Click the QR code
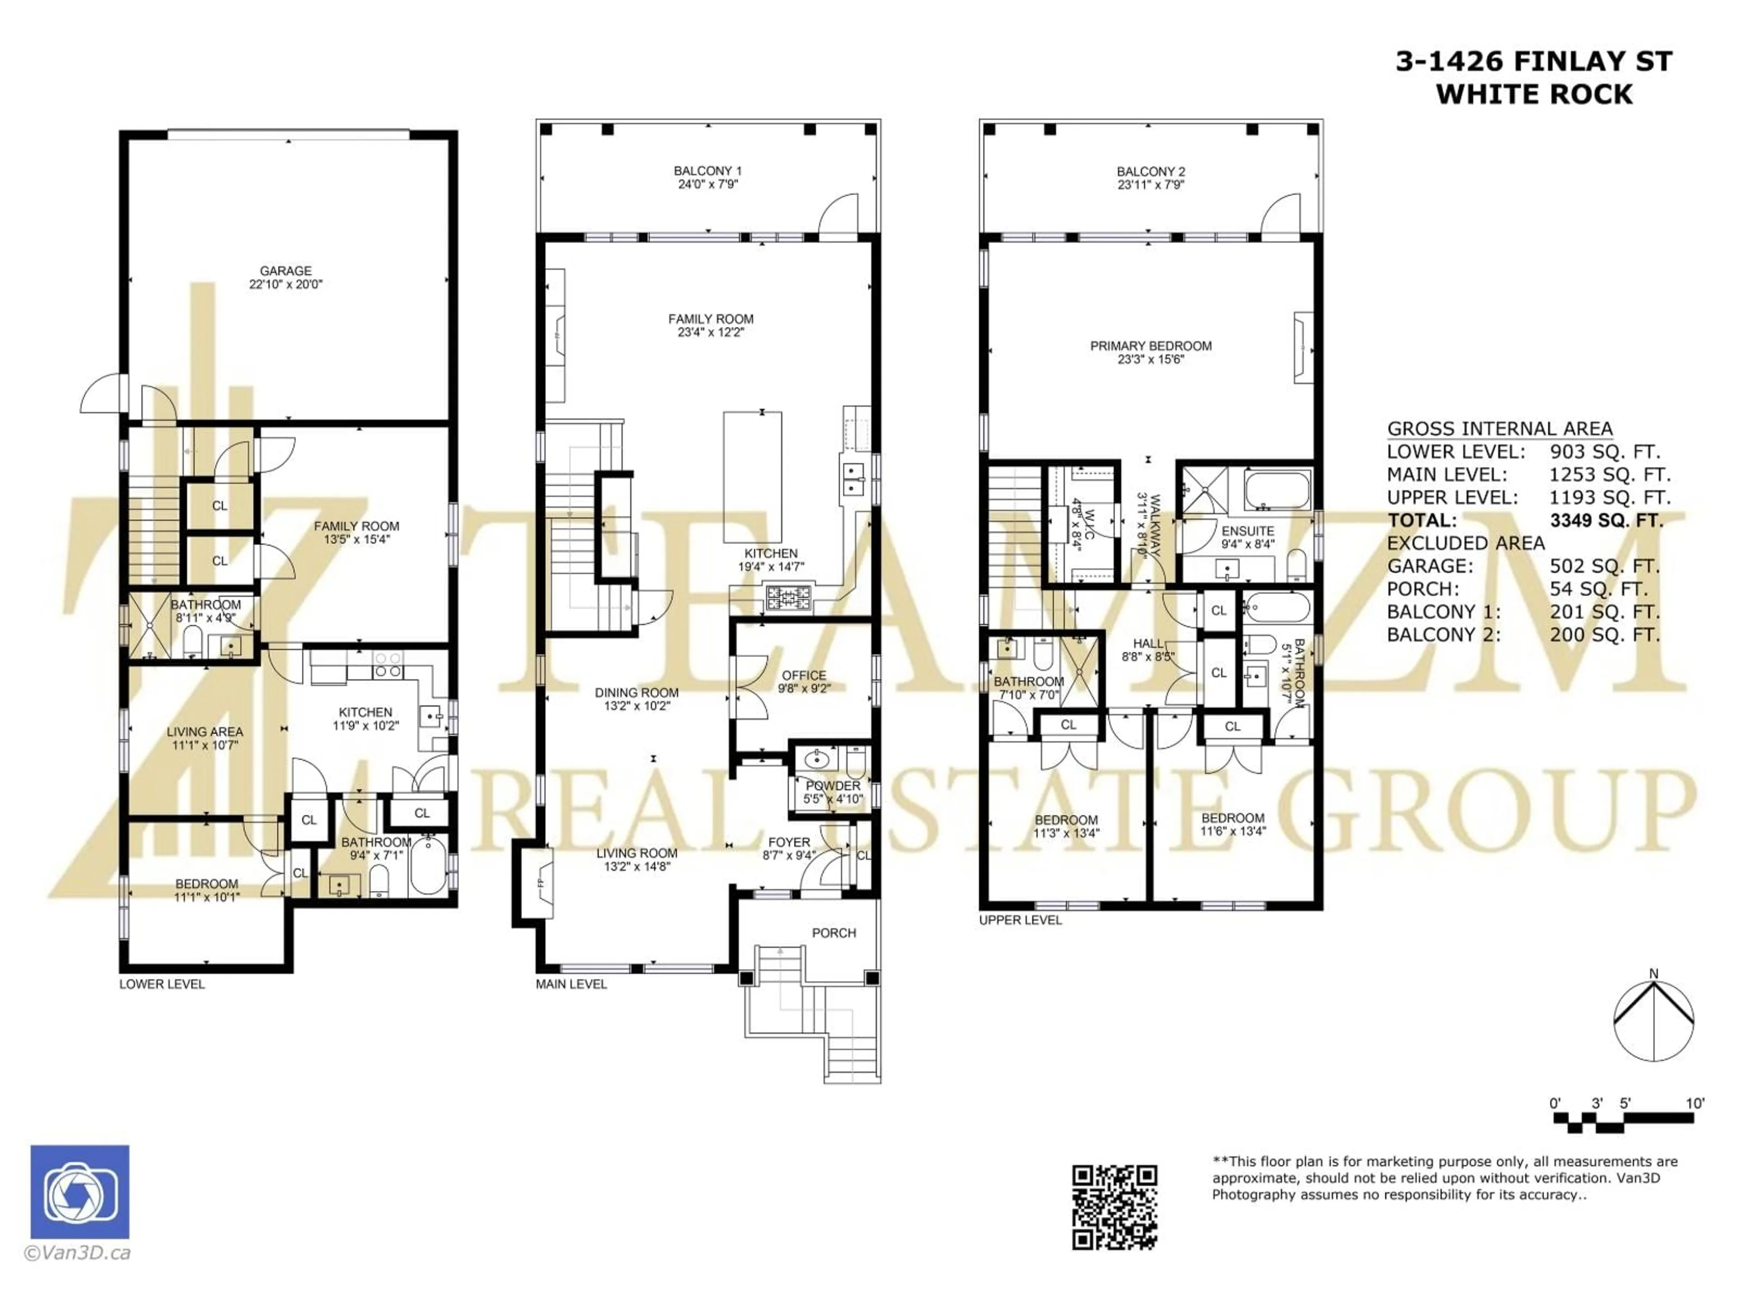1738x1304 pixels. pyautogui.click(x=1114, y=1207)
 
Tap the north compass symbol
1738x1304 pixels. pyautogui.click(x=1653, y=1020)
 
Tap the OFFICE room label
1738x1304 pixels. pyautogui.click(x=804, y=675)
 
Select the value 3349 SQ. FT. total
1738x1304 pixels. pyautogui.click(x=1606, y=520)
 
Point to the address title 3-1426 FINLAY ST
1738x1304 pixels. pyautogui.click(x=1534, y=61)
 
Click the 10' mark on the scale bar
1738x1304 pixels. pyautogui.click(x=1695, y=1103)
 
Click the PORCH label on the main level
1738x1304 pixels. pyautogui.click(x=834, y=933)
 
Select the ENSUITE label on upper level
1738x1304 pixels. pyautogui.click(x=1248, y=532)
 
